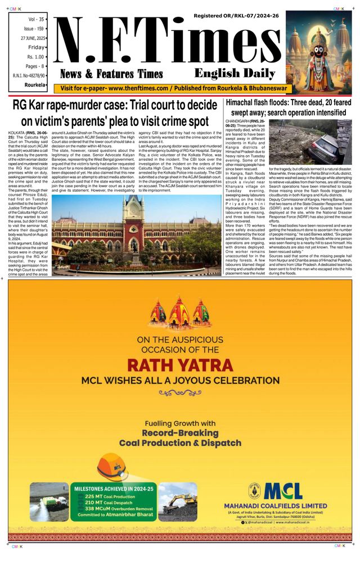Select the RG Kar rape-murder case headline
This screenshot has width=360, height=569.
[x=115, y=112]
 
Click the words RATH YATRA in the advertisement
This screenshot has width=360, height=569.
[x=179, y=364]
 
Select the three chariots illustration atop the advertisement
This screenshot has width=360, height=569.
[x=181, y=316]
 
